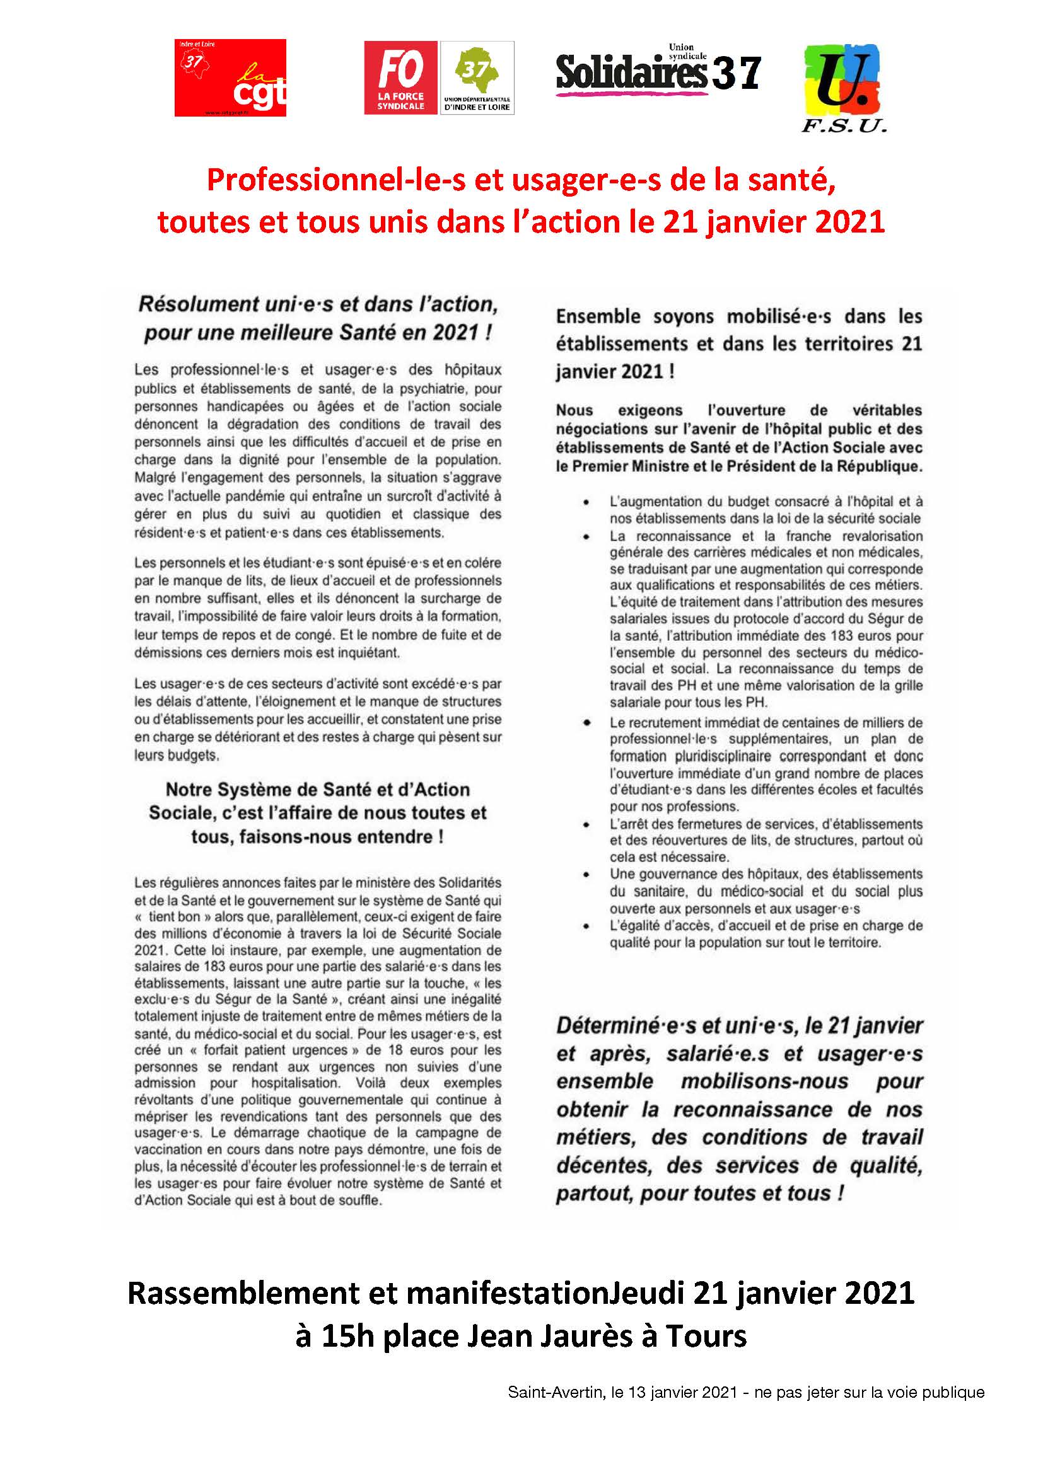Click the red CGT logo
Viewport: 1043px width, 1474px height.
point(230,78)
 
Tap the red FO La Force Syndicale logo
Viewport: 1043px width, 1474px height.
point(401,78)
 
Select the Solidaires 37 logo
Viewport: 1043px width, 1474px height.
point(658,71)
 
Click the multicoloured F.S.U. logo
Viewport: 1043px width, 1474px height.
point(842,88)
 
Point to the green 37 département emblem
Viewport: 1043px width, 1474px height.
point(477,78)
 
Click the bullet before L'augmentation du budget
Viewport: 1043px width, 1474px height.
point(586,503)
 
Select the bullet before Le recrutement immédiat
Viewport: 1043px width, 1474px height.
point(586,723)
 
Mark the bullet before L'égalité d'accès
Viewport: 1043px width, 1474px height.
point(586,926)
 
